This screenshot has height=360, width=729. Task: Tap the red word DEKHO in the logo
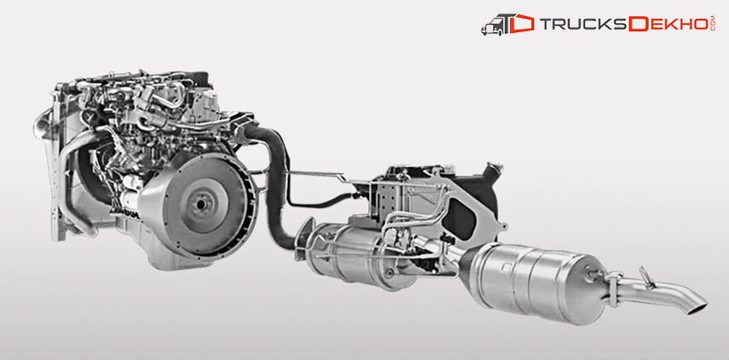[669, 25]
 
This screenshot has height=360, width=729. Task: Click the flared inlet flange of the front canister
[304, 241]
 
